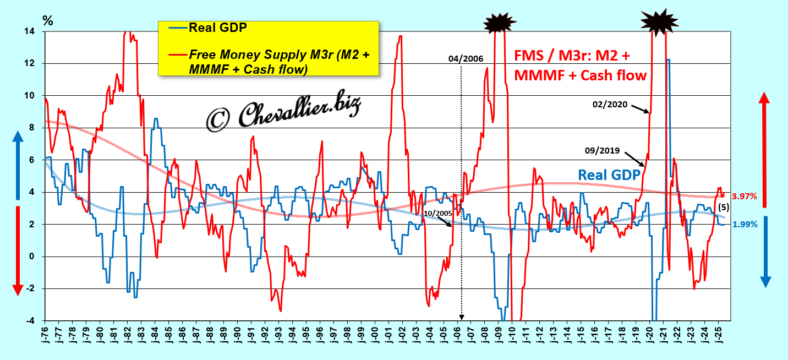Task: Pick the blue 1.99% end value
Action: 745,224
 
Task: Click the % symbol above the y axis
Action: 48,21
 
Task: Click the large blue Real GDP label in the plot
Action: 609,175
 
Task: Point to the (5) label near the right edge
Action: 725,208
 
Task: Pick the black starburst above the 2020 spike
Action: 659,20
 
